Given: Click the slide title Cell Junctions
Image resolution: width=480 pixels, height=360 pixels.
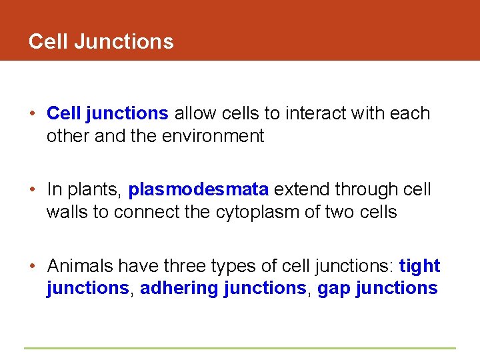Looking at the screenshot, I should (x=101, y=41).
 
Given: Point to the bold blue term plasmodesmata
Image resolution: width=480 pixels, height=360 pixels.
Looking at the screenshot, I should (x=199, y=190).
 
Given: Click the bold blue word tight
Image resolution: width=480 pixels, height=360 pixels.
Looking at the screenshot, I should (x=419, y=266).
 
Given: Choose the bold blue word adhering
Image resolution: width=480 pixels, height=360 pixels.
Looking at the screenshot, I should (x=179, y=289).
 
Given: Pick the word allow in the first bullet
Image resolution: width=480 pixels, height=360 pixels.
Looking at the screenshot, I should (x=193, y=113).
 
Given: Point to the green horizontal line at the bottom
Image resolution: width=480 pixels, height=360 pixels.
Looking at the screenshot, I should (x=240, y=348).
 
